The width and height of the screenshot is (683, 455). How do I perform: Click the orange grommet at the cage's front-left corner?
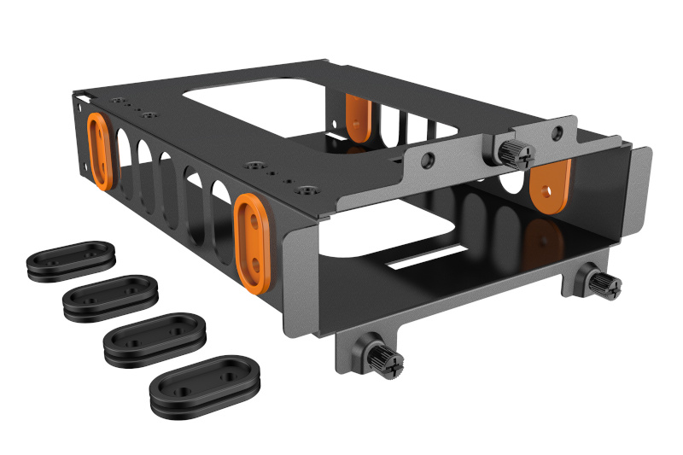click(251, 239)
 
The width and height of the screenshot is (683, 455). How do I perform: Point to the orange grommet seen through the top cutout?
click(358, 117)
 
